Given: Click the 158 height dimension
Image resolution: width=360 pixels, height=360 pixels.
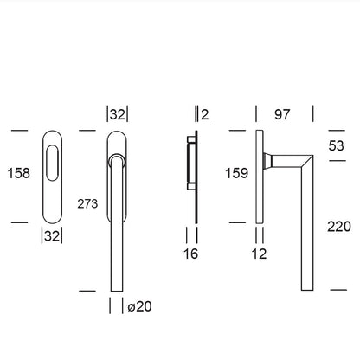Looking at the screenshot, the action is [x=19, y=173].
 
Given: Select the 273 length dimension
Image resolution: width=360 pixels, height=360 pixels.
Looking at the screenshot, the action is [x=87, y=204].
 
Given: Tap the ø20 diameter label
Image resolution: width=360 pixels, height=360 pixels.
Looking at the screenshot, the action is [x=139, y=306].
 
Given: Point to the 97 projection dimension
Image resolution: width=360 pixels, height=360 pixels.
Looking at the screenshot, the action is [x=282, y=114].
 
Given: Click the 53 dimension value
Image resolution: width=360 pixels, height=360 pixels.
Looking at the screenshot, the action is [x=337, y=145].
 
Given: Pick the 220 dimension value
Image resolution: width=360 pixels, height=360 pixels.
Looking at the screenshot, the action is [x=339, y=227].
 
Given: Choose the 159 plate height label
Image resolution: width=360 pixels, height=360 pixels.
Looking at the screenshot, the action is [x=236, y=173].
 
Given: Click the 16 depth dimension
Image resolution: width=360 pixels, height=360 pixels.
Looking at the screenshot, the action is [x=190, y=254].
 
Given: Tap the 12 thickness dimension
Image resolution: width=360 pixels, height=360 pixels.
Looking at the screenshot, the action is [x=259, y=254].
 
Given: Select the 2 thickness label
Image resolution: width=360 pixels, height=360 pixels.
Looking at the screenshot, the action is [x=204, y=114].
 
